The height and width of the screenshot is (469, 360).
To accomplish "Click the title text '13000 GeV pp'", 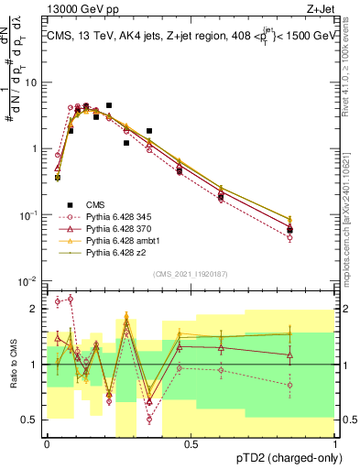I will point(81,9).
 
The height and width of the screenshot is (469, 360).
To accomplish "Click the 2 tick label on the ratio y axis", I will point(37,309).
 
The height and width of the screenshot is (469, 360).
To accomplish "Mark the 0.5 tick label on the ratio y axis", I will point(32,420).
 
